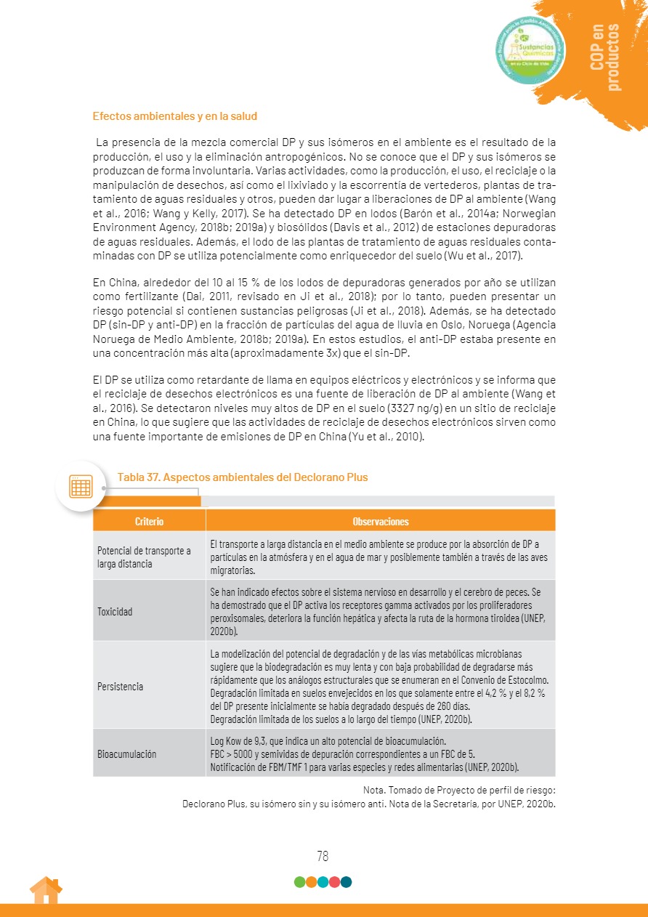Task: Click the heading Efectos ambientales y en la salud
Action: (175, 116)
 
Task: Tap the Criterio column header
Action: (149, 522)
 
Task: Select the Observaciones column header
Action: (380, 522)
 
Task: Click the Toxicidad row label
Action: (115, 611)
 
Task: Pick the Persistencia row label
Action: (120, 687)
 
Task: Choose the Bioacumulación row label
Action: (126, 754)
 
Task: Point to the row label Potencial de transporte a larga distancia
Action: (144, 557)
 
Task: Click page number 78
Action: (323, 856)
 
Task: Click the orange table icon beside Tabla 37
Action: (80, 486)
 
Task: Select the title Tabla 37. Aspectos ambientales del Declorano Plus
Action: (243, 477)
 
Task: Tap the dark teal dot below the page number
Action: (347, 882)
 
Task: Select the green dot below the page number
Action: (299, 882)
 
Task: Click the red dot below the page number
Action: (335, 882)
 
